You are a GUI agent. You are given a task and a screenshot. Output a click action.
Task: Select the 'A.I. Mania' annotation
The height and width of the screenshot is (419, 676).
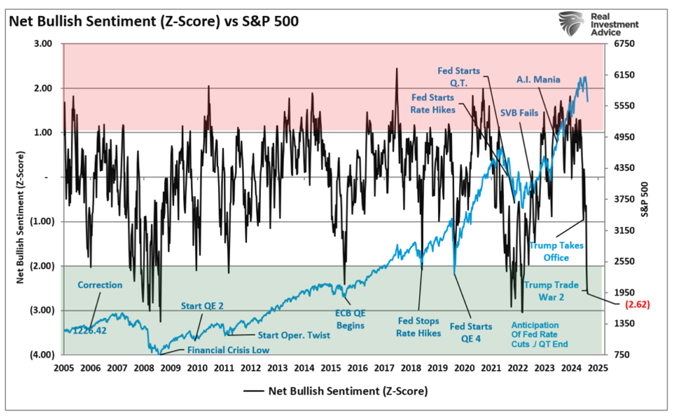click(x=538, y=79)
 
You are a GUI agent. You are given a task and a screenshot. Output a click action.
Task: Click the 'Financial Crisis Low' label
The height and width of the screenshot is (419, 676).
click(x=228, y=350)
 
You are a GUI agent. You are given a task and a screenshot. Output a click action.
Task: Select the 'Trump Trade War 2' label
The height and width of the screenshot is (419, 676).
click(x=551, y=290)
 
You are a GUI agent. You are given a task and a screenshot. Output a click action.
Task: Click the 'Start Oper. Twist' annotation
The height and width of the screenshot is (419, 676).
click(x=293, y=335)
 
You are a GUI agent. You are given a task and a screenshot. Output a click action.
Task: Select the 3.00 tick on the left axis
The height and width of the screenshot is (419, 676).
click(x=42, y=44)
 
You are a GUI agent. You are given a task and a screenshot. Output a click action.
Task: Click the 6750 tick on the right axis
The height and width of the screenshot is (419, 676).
click(x=623, y=44)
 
